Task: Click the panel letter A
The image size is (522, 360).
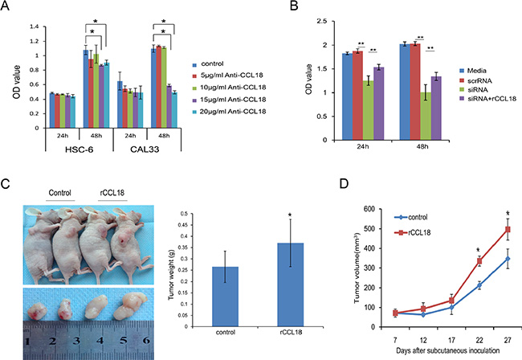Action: pos(9,8)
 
